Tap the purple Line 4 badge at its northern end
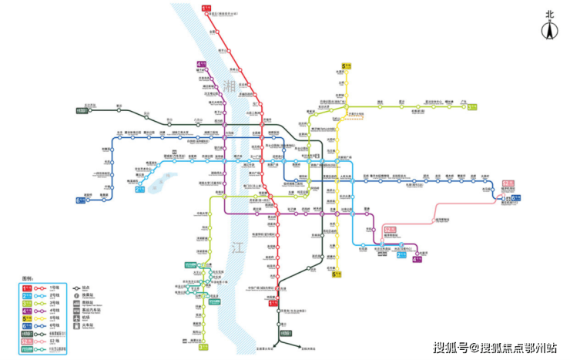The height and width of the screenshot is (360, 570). coord(203,65)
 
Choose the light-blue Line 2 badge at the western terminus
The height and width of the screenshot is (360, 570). coord(140,188)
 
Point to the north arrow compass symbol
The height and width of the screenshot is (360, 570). coord(549,32)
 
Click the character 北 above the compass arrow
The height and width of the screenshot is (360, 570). coord(549,13)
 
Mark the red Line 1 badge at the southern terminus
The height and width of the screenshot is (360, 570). coord(272,303)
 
